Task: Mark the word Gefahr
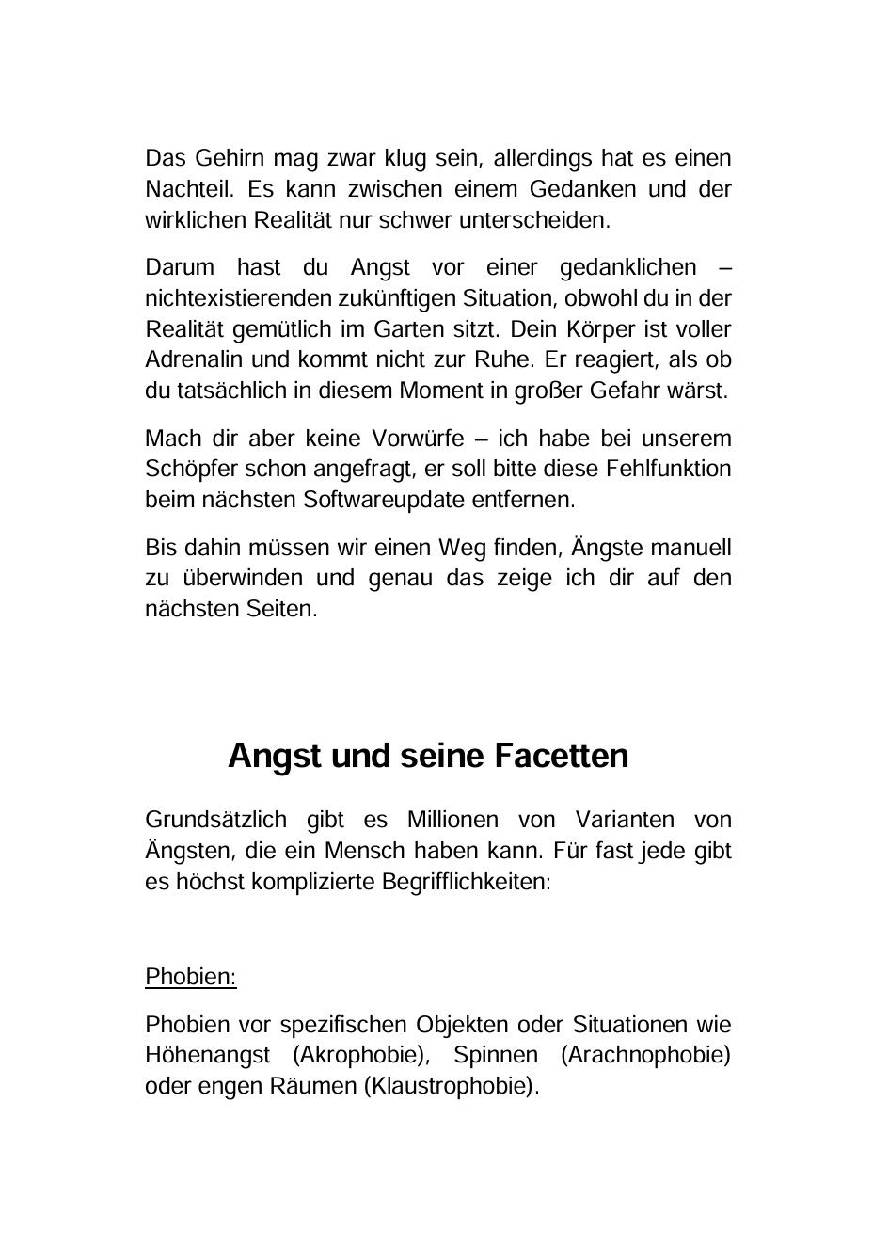point(626,391)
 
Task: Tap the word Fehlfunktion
point(669,469)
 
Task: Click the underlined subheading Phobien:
point(191,977)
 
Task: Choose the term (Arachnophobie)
point(645,1055)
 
